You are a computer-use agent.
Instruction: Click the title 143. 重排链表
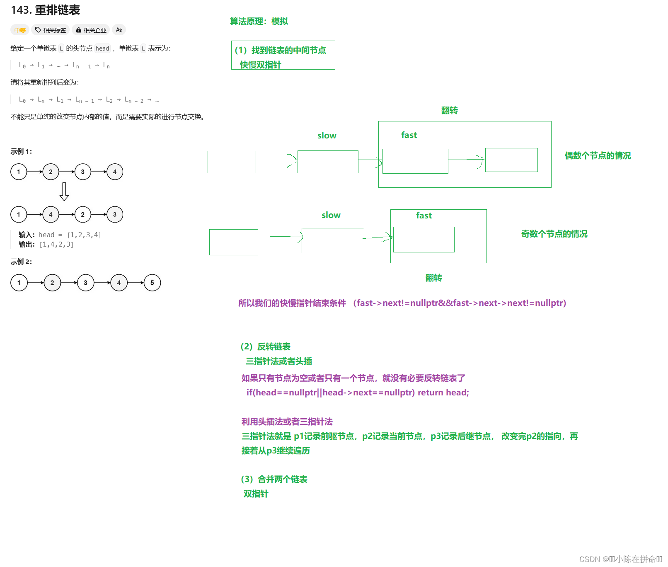[45, 10]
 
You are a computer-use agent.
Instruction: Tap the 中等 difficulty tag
[20, 30]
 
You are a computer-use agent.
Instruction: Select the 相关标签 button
[51, 30]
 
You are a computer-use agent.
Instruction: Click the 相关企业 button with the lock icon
[91, 30]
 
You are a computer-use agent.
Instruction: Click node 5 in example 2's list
[152, 283]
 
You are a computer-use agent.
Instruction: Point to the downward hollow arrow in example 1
[64, 191]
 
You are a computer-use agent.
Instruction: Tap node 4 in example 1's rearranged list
[51, 214]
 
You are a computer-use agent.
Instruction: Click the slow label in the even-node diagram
[327, 136]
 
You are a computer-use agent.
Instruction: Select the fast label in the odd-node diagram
[424, 216]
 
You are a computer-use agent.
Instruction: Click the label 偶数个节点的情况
[598, 155]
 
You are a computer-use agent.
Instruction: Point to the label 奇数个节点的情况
[554, 234]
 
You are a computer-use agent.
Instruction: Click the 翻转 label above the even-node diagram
[449, 110]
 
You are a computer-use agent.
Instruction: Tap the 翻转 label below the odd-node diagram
[433, 278]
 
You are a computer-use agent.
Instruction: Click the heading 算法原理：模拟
[259, 21]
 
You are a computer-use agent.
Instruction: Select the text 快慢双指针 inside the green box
[260, 65]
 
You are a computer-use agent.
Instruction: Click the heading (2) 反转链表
[265, 346]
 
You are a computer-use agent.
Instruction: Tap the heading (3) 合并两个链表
[274, 479]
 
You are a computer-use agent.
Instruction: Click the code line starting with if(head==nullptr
[357, 393]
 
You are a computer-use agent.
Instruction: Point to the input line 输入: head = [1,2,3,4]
[60, 235]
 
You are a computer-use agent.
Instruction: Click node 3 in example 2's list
[85, 283]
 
